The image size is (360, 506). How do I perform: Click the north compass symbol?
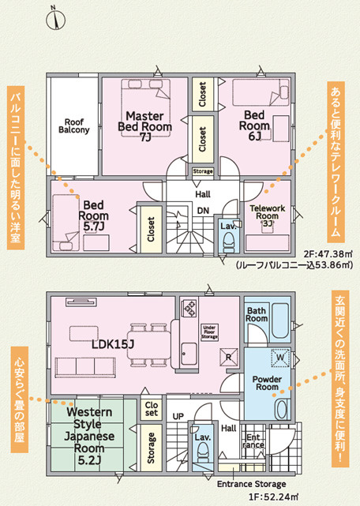(56, 20)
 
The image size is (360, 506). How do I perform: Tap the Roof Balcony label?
(74, 126)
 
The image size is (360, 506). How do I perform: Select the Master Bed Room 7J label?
(144, 126)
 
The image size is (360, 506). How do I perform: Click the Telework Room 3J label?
(268, 216)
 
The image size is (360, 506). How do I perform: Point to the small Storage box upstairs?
(203, 171)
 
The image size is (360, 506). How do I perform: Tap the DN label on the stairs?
(203, 211)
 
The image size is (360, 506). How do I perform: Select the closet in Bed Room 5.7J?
(151, 229)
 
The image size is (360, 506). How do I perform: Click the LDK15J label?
(113, 344)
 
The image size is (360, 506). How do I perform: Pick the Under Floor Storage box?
(209, 332)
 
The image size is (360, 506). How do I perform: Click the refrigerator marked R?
(228, 358)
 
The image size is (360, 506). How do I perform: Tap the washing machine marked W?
(280, 358)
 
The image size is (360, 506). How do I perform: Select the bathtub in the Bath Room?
(281, 320)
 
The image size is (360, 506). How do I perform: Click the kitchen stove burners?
(189, 308)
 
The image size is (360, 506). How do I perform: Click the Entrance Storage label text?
(252, 484)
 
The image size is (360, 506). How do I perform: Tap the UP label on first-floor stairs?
(178, 416)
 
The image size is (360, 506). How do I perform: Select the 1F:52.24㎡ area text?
(273, 497)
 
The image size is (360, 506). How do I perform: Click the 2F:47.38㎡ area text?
(328, 254)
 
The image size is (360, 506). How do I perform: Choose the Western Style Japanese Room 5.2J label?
(89, 437)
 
